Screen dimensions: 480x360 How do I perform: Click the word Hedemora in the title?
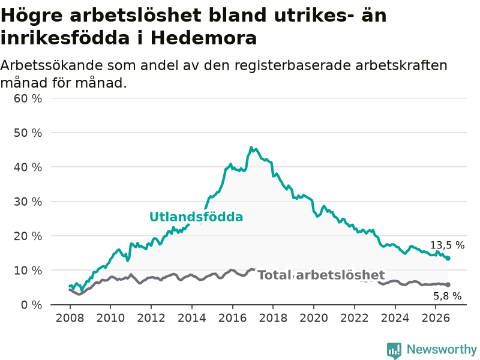203,38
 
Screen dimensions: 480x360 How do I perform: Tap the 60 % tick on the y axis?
28,98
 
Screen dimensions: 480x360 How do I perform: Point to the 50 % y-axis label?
28,133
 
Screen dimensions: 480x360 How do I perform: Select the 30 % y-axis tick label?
28,202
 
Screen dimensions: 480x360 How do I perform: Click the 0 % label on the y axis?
32,305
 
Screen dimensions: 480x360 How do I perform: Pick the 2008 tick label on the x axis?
70,318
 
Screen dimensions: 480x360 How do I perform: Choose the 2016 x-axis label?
232,318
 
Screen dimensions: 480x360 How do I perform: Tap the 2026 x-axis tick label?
436,318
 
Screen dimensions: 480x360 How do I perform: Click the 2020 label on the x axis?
314,318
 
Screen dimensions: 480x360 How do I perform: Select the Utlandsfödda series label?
196,217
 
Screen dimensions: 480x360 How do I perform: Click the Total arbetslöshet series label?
321,275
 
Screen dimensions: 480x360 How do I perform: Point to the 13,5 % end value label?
447,245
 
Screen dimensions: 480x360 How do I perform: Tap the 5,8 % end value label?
447,296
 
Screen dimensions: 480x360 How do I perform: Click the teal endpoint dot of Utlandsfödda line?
448,259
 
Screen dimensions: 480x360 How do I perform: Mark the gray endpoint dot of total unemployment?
448,284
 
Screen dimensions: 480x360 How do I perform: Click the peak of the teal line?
251,147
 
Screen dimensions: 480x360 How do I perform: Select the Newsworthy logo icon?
394,350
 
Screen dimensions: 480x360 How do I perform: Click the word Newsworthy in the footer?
442,349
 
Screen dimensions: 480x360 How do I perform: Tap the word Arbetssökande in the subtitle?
50,65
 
